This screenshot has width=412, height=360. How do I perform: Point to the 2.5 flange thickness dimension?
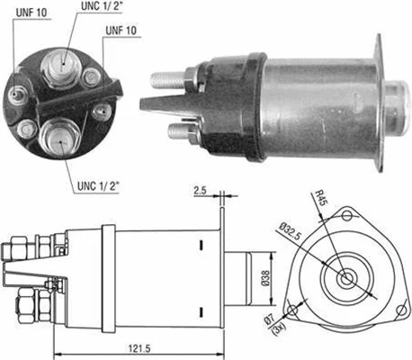[x=199, y=190]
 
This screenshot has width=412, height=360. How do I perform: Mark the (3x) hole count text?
[x=279, y=329]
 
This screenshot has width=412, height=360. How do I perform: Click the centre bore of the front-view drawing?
[x=346, y=278]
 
